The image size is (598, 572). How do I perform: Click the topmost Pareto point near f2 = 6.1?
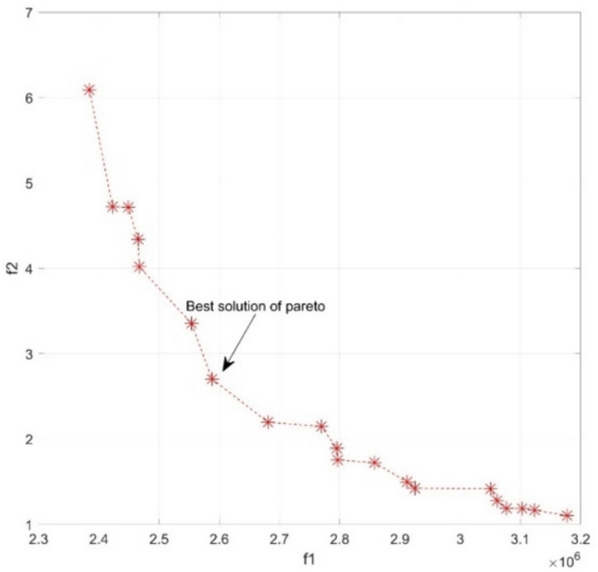pos(89,90)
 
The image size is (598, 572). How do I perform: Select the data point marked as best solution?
pos(212,379)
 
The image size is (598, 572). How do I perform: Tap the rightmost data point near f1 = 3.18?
pos(567,515)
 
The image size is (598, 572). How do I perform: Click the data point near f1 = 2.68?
pos(268,422)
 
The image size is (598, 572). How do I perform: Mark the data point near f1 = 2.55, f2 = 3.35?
pos(191,323)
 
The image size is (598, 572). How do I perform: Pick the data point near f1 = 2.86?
pos(375,462)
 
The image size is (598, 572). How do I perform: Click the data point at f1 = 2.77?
pos(322,426)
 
